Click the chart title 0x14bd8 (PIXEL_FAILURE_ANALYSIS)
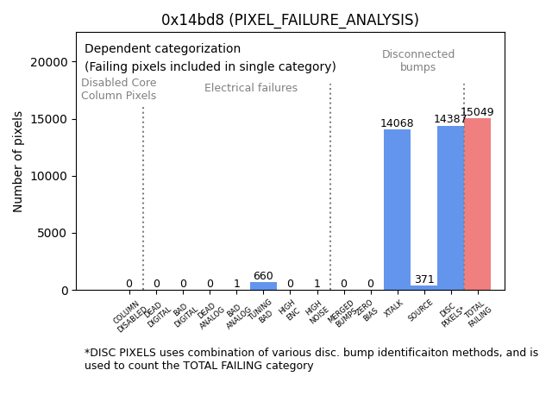[x=290, y=20]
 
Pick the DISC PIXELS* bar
[x=450, y=208]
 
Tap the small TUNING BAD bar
[x=263, y=285]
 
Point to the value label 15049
[x=477, y=112]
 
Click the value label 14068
[x=397, y=123]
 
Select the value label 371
[x=423, y=279]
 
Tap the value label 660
[x=263, y=276]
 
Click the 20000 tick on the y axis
[x=50, y=62]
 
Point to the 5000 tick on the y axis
[x=53, y=233]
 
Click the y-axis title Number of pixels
[x=18, y=161]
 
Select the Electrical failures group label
[x=251, y=88]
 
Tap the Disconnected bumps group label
[x=418, y=61]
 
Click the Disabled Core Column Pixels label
[x=119, y=90]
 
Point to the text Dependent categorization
[x=162, y=49]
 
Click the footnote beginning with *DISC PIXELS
[x=310, y=359]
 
